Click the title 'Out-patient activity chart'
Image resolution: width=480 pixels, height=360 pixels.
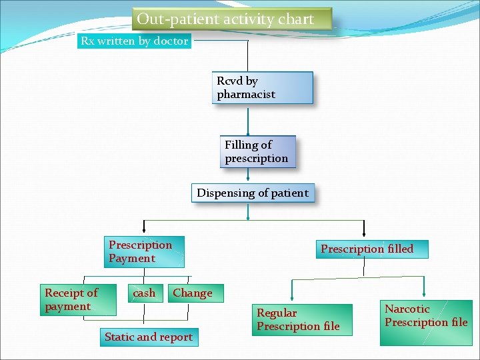pyautogui.click(x=225, y=19)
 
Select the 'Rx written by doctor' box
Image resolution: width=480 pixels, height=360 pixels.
pyautogui.click(x=135, y=41)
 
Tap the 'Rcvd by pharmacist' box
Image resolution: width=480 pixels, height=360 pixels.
pyautogui.click(x=262, y=87)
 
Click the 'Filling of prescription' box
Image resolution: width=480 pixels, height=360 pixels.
pyautogui.click(x=257, y=152)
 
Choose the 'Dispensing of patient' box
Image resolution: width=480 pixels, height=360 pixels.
pyautogui.click(x=253, y=193)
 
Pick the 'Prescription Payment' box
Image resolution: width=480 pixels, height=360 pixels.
pyautogui.click(x=144, y=251)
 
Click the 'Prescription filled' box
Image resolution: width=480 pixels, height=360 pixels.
pyautogui.click(x=367, y=249)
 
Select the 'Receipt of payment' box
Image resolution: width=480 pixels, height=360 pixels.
pyautogui.click(x=77, y=299)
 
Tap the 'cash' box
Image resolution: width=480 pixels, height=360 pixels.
pyautogui.click(x=145, y=293)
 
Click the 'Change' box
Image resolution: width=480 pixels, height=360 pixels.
pyautogui.click(x=193, y=293)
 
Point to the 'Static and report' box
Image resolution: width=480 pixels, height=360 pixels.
pyautogui.click(x=149, y=337)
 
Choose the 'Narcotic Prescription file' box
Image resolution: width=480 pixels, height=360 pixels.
pyautogui.click(x=425, y=316)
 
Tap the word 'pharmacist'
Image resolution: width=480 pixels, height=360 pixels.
pyautogui.click(x=246, y=95)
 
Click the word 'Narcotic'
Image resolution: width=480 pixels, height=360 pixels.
pyautogui.click(x=407, y=309)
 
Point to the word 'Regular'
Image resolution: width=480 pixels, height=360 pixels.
pyautogui.click(x=277, y=313)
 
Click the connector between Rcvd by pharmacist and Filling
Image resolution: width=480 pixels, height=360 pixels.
pyautogui.click(x=248, y=120)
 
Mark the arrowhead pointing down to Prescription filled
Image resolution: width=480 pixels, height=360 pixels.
pyautogui.click(x=363, y=233)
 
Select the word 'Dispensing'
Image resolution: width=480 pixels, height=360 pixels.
pyautogui.click(x=225, y=193)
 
